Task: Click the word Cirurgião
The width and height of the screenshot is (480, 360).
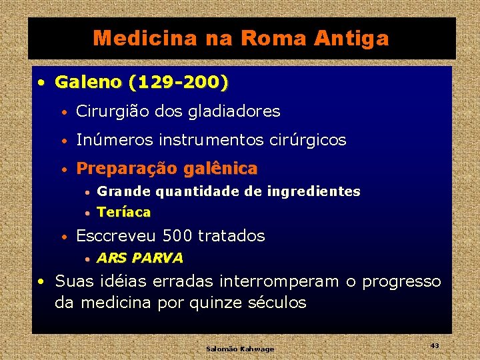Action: [113, 111]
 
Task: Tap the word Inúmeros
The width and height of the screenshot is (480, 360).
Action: [110, 140]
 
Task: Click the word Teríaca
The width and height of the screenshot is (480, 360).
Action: [124, 213]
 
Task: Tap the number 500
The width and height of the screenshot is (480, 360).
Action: [177, 236]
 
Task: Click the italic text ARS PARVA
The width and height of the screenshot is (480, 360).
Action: [139, 258]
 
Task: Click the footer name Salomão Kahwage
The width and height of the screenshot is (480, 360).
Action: [240, 349]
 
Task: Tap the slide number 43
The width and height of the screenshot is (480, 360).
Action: [435, 345]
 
